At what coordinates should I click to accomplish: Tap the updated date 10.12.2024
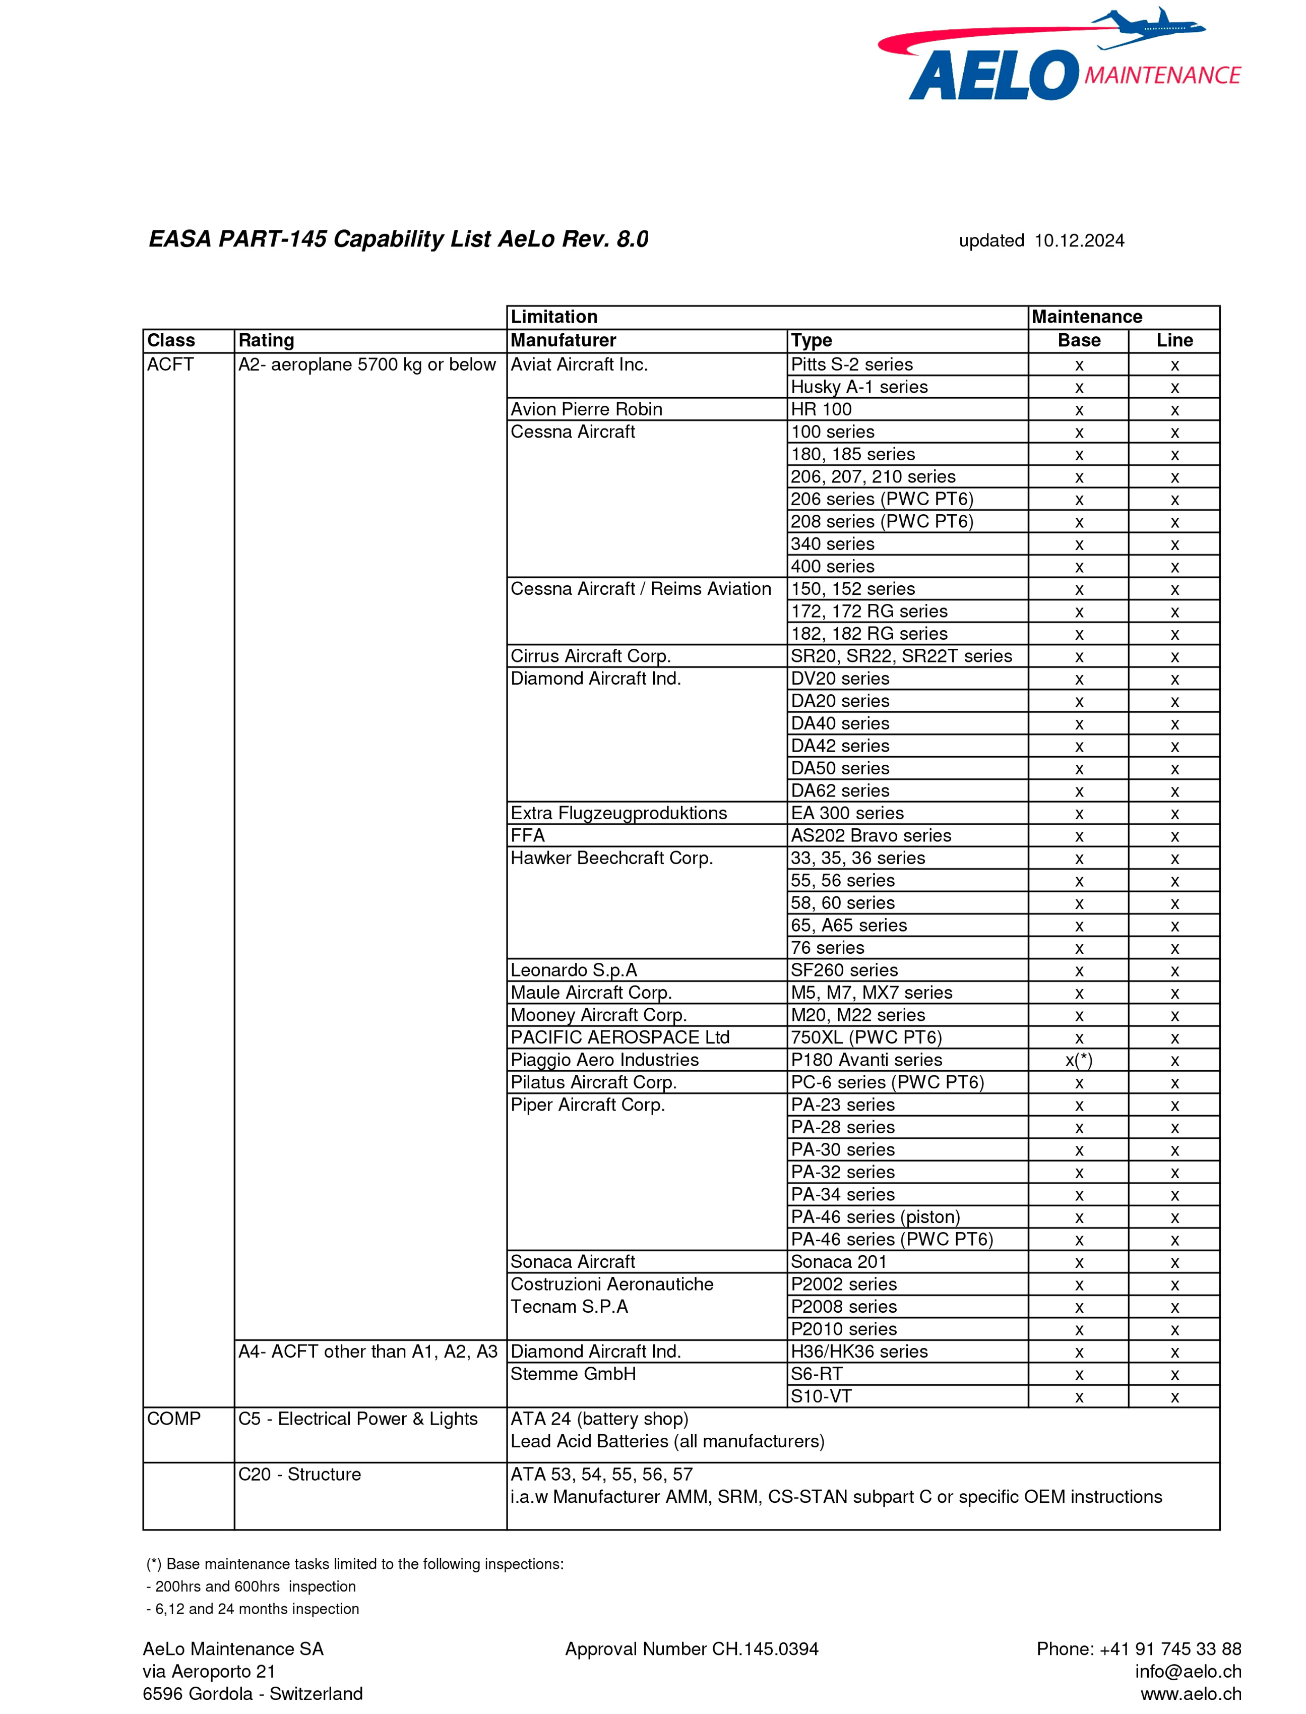1079,241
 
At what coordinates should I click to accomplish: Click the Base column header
1079,340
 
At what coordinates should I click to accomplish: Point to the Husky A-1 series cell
859,387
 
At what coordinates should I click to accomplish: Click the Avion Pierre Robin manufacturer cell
586,410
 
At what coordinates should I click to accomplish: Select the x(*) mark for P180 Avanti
1079,1060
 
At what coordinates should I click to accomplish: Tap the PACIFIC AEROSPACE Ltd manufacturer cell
619,1038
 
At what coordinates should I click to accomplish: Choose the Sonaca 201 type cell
838,1262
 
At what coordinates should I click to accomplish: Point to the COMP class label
174,1419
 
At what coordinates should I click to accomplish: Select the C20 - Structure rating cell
299,1475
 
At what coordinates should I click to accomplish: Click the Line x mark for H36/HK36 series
1174,1353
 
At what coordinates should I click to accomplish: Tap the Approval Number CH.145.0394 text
691,1648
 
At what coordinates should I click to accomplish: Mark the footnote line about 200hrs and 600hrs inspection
251,1586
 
